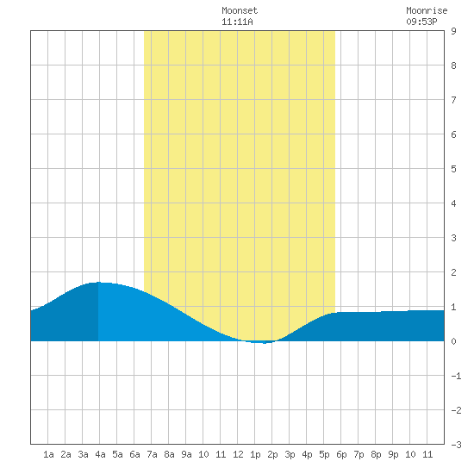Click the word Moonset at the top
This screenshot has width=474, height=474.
coord(240,10)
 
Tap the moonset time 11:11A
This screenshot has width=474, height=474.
coord(237,22)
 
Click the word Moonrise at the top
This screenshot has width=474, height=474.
coord(427,10)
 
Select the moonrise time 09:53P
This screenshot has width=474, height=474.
coord(421,22)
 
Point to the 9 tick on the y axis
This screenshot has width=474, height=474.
coord(453,31)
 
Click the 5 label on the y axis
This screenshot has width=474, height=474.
coord(453,169)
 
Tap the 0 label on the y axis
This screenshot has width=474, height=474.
coord(453,341)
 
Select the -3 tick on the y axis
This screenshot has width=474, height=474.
coord(456,445)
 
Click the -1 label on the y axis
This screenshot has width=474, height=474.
coord(456,376)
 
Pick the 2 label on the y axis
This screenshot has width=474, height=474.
coord(453,272)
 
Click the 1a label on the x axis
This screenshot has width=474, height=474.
coord(48,454)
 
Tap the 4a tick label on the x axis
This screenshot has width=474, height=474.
coord(100,454)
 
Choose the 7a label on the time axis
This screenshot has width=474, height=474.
coord(152,454)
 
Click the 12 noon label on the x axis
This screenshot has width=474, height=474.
coord(238,454)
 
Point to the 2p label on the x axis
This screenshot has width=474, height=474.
coord(272,454)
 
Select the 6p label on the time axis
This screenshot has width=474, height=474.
coord(341,454)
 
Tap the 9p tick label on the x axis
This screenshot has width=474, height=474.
coord(393,454)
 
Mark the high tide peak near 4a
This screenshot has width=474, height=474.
coord(98,283)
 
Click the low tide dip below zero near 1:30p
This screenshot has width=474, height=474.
coord(264,342)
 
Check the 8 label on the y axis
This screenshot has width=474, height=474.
coord(453,65)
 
